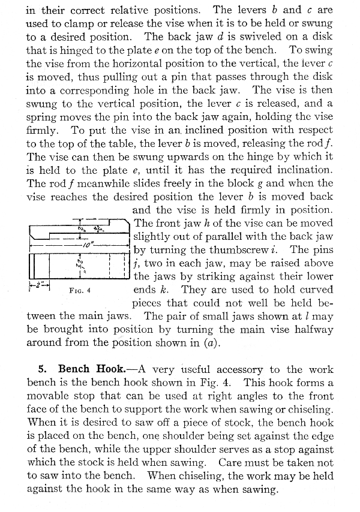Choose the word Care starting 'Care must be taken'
[231, 463]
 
